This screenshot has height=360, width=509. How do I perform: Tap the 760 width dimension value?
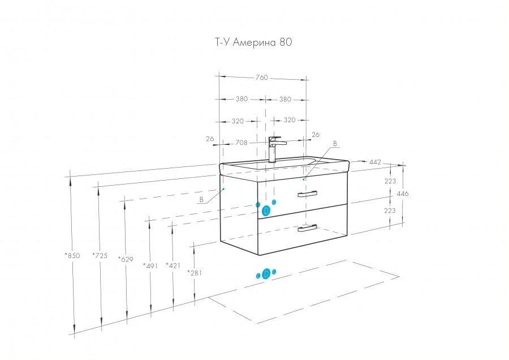pyautogui.click(x=261, y=78)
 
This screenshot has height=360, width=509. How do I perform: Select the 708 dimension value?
pyautogui.click(x=241, y=143)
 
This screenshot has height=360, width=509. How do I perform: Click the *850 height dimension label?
pyautogui.click(x=71, y=255)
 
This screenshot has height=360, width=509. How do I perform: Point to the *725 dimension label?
pyautogui.click(x=100, y=255)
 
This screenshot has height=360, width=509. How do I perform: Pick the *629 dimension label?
pyautogui.click(x=126, y=259)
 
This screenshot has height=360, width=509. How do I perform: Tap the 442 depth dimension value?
pyautogui.click(x=374, y=162)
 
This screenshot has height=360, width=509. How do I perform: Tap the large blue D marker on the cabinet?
pyautogui.click(x=266, y=210)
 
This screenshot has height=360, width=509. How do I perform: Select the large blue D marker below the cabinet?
pyautogui.click(x=266, y=275)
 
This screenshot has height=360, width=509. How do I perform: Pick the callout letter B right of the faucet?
pyautogui.click(x=335, y=144)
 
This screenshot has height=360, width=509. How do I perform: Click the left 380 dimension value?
pyautogui.click(x=241, y=99)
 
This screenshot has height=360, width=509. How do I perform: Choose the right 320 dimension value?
pyautogui.click(x=290, y=121)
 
